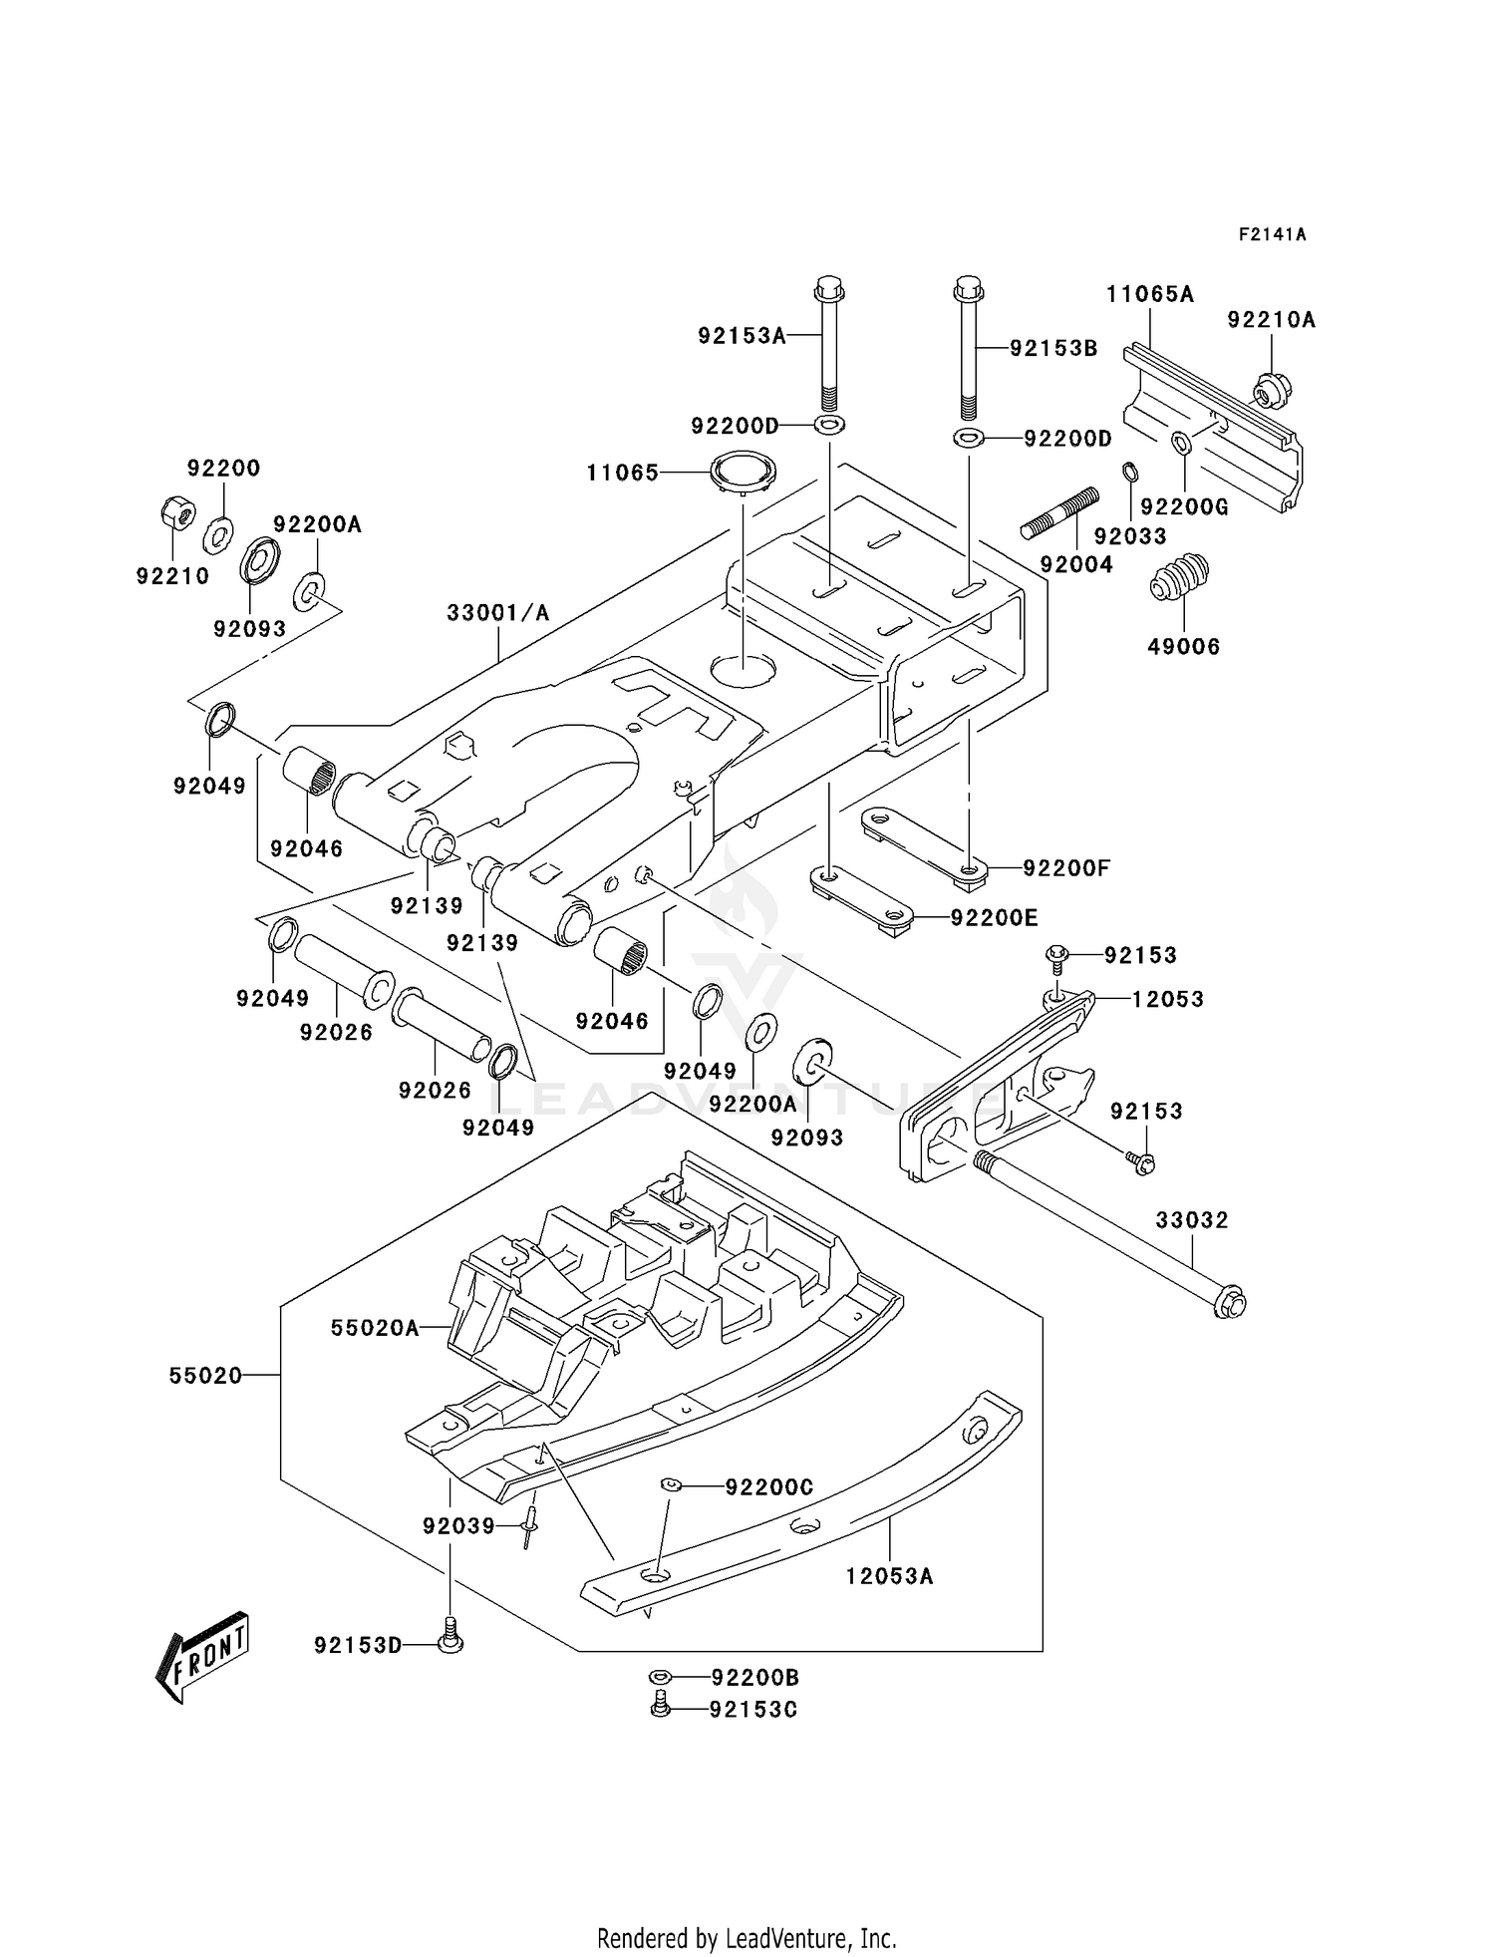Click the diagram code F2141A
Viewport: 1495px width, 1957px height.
[x=1272, y=235]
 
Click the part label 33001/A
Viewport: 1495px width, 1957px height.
[x=497, y=613]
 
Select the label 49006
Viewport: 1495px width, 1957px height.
[x=1183, y=646]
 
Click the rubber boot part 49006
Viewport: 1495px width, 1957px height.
[x=1180, y=576]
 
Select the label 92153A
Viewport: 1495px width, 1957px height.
[x=742, y=336]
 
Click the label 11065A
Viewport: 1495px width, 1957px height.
[x=1149, y=294]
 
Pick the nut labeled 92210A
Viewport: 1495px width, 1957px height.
[x=1268, y=390]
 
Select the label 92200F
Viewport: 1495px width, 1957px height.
[x=1065, y=868]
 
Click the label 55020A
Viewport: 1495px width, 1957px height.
[x=375, y=1328]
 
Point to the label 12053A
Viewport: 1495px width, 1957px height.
[x=889, y=1576]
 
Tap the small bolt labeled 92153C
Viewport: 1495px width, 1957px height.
[x=659, y=1708]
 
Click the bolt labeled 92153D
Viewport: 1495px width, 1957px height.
[x=450, y=1644]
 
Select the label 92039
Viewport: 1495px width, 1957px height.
[x=458, y=1526]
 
